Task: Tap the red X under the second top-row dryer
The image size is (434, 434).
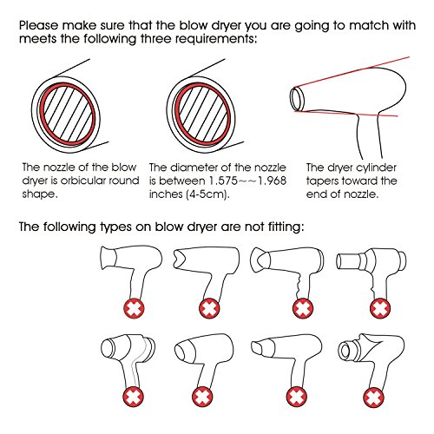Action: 209,308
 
